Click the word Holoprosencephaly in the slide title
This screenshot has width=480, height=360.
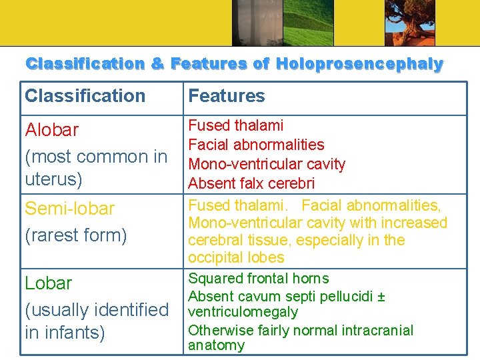point(359,65)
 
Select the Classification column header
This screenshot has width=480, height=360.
point(85,96)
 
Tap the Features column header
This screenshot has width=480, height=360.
point(227,96)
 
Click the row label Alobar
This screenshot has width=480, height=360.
point(51,130)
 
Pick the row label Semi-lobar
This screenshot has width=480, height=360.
point(69,209)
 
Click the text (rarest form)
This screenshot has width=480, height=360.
point(75,235)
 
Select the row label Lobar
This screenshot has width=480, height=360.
point(48,283)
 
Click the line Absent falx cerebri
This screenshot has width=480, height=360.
point(251,183)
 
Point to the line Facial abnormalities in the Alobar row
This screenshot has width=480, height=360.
point(256,145)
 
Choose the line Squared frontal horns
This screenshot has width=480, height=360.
point(259,279)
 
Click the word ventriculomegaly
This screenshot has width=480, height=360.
point(243,312)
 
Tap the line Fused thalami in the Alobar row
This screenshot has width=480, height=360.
point(236,125)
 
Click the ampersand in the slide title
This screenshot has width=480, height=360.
point(157,65)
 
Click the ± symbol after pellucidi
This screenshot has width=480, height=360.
point(381,297)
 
